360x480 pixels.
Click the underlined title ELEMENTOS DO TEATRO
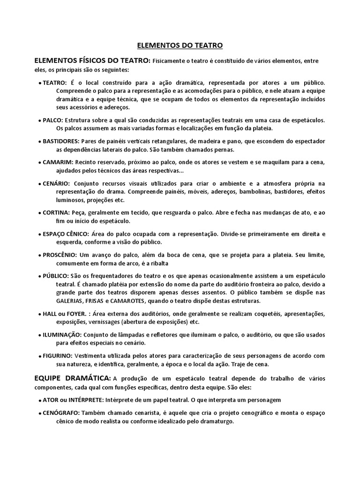[180, 45]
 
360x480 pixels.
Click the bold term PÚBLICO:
[56, 276]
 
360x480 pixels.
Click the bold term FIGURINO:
[58, 356]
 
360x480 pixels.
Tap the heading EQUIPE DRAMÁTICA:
[72, 377]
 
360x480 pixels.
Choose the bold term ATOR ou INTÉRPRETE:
[73, 399]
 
